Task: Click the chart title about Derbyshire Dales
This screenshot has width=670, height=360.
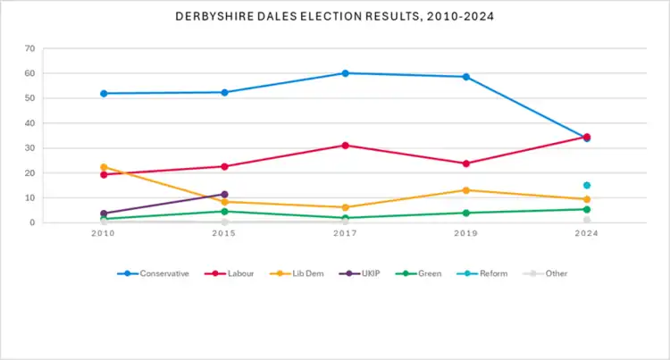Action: click(335, 16)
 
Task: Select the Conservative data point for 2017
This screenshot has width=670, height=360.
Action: click(345, 73)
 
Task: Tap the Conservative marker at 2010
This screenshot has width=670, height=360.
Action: click(104, 93)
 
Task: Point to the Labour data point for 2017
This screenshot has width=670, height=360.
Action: click(345, 145)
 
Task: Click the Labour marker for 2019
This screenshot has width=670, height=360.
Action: click(465, 163)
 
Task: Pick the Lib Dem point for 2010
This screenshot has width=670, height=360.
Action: click(104, 167)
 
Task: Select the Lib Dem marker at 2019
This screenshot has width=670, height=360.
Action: click(465, 190)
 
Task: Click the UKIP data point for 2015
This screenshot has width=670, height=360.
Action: click(224, 194)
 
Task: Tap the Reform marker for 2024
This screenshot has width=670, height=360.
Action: click(587, 185)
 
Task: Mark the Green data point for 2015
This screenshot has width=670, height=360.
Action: click(224, 211)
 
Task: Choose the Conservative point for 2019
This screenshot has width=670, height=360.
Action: click(465, 77)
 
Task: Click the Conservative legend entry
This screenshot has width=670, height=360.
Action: click(153, 273)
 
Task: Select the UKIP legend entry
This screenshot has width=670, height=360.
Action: click(376, 273)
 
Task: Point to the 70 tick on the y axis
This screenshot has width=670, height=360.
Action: click(29, 48)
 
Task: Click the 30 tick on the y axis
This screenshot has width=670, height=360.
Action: click(29, 148)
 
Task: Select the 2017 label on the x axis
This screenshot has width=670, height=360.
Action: click(345, 234)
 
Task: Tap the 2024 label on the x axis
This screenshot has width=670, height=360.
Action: click(587, 234)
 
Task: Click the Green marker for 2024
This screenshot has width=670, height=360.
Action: click(587, 209)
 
